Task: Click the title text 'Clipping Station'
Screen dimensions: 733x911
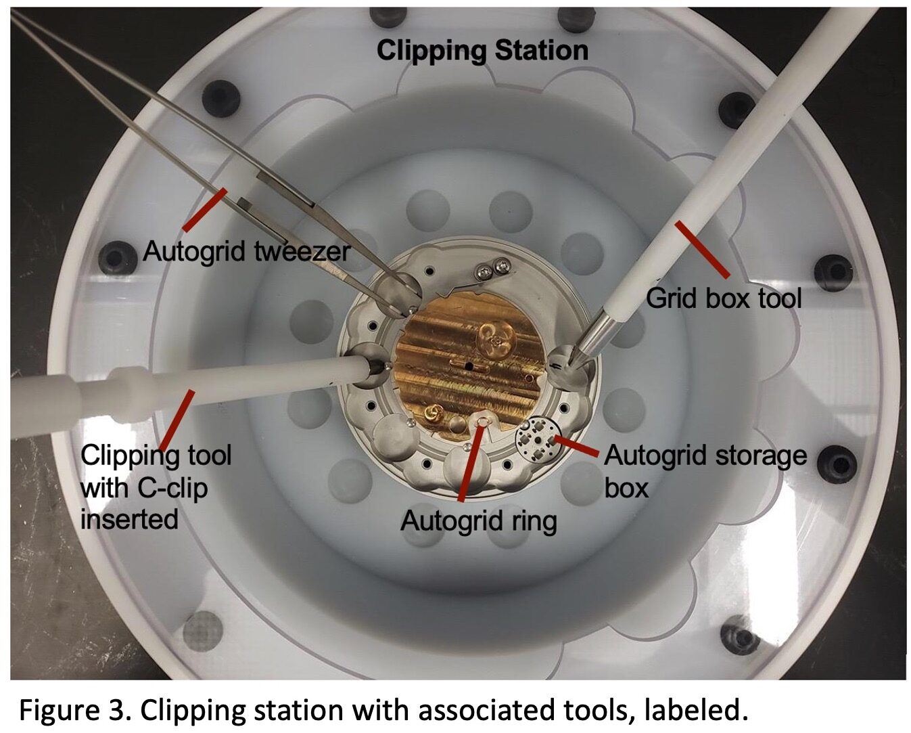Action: click(x=482, y=51)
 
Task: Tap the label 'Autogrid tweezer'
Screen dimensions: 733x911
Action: click(x=247, y=251)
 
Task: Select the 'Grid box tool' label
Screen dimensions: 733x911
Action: click(x=724, y=298)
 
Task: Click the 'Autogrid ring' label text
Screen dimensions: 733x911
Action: click(x=478, y=521)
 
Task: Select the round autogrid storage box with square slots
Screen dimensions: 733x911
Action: click(x=538, y=435)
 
